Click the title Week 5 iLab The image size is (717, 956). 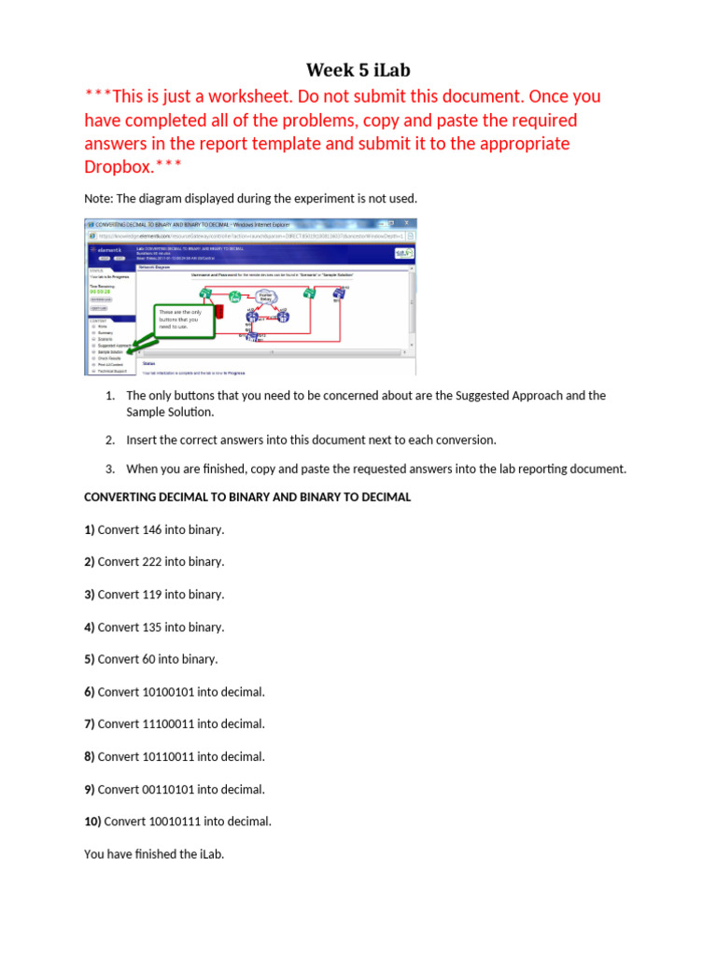click(358, 70)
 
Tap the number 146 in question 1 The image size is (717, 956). click(151, 529)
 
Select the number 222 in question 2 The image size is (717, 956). click(151, 562)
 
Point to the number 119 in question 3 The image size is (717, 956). click(151, 595)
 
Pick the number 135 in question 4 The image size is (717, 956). click(151, 627)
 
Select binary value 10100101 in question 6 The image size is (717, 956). click(166, 692)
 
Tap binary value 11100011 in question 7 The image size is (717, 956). click(166, 724)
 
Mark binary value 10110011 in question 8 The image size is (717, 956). click(166, 757)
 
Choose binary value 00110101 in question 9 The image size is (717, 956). click(166, 790)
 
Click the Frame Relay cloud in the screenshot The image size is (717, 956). click(265, 296)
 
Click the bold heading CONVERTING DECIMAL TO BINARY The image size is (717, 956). click(247, 497)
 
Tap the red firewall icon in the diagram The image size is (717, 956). click(218, 312)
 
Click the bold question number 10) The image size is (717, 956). click(92, 822)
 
